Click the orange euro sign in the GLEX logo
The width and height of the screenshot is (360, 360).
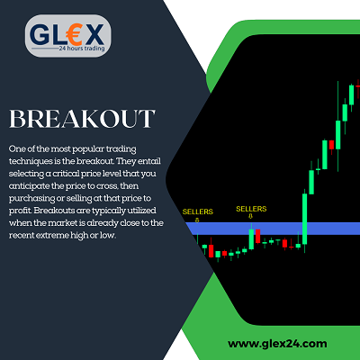[x=73, y=34]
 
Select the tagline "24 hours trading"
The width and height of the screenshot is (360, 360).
[x=82, y=48]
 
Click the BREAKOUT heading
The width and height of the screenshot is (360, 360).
[x=82, y=119]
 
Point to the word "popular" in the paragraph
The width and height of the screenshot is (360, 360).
[x=88, y=149]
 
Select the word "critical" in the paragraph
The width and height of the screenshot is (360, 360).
[x=67, y=174]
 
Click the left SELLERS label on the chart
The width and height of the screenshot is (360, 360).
[x=198, y=211]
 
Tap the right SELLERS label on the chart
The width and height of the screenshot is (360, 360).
[x=251, y=209]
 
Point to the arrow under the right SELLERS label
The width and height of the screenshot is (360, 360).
[x=250, y=216]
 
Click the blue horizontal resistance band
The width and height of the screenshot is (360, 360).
[x=273, y=229]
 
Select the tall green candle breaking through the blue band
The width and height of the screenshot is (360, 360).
[x=305, y=219]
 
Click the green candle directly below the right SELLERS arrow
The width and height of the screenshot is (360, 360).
[x=251, y=238]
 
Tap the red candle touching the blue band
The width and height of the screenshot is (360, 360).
[x=257, y=236]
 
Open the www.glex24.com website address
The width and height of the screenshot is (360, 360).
[x=277, y=344]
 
